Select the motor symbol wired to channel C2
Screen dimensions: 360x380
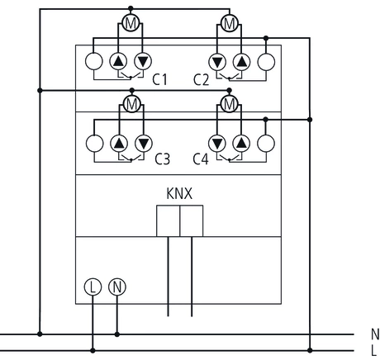(x=230, y=22)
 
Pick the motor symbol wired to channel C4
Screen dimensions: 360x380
(x=230, y=103)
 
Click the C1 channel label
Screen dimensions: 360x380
(x=160, y=80)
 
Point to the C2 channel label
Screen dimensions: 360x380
(x=201, y=80)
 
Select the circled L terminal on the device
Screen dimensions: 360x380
(x=92, y=288)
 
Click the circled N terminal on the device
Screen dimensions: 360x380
(x=116, y=288)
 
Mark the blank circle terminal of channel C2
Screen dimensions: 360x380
(x=265, y=63)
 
